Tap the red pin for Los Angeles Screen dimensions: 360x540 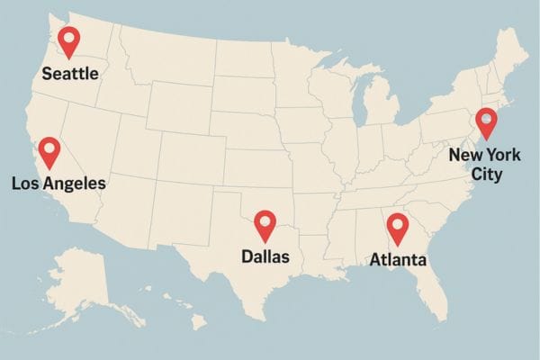49,151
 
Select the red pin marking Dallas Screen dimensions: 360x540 265,224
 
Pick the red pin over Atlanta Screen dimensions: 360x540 397,229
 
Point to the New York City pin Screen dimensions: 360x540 487,121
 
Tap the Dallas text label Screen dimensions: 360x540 265,256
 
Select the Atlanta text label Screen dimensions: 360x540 398,260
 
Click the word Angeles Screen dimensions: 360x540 74,184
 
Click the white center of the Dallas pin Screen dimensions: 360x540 265,220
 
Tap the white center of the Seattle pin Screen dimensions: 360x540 68,37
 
